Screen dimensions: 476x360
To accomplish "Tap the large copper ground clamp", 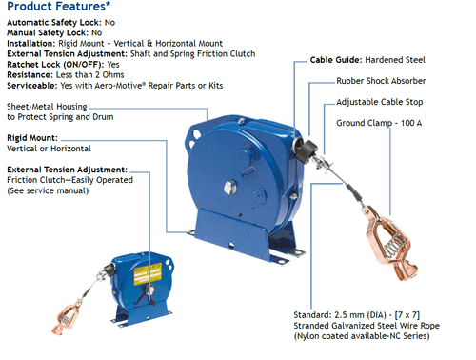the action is tap(390, 243).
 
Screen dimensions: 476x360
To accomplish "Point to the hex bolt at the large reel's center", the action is tap(230, 188).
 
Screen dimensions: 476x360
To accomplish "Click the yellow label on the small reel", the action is tap(148, 273).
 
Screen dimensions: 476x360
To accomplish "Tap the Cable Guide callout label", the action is tap(367, 60).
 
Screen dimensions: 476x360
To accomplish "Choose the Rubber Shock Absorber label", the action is tap(381, 81).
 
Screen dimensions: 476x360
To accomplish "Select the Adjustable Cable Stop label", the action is tap(380, 102).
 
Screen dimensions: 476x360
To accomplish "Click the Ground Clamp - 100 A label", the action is tap(379, 123).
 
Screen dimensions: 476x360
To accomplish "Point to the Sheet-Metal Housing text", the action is tap(47, 107).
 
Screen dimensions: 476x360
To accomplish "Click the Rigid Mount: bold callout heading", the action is tap(32, 138).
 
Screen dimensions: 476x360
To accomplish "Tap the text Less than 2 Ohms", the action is tap(89, 75).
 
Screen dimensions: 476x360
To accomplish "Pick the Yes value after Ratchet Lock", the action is tap(113, 65).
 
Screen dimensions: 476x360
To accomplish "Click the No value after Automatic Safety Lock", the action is tap(109, 23).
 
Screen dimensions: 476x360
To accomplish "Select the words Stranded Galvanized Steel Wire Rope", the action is tap(367, 326).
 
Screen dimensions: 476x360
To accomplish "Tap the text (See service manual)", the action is tap(48, 190).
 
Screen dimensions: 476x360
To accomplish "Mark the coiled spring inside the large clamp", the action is tap(394, 247).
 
